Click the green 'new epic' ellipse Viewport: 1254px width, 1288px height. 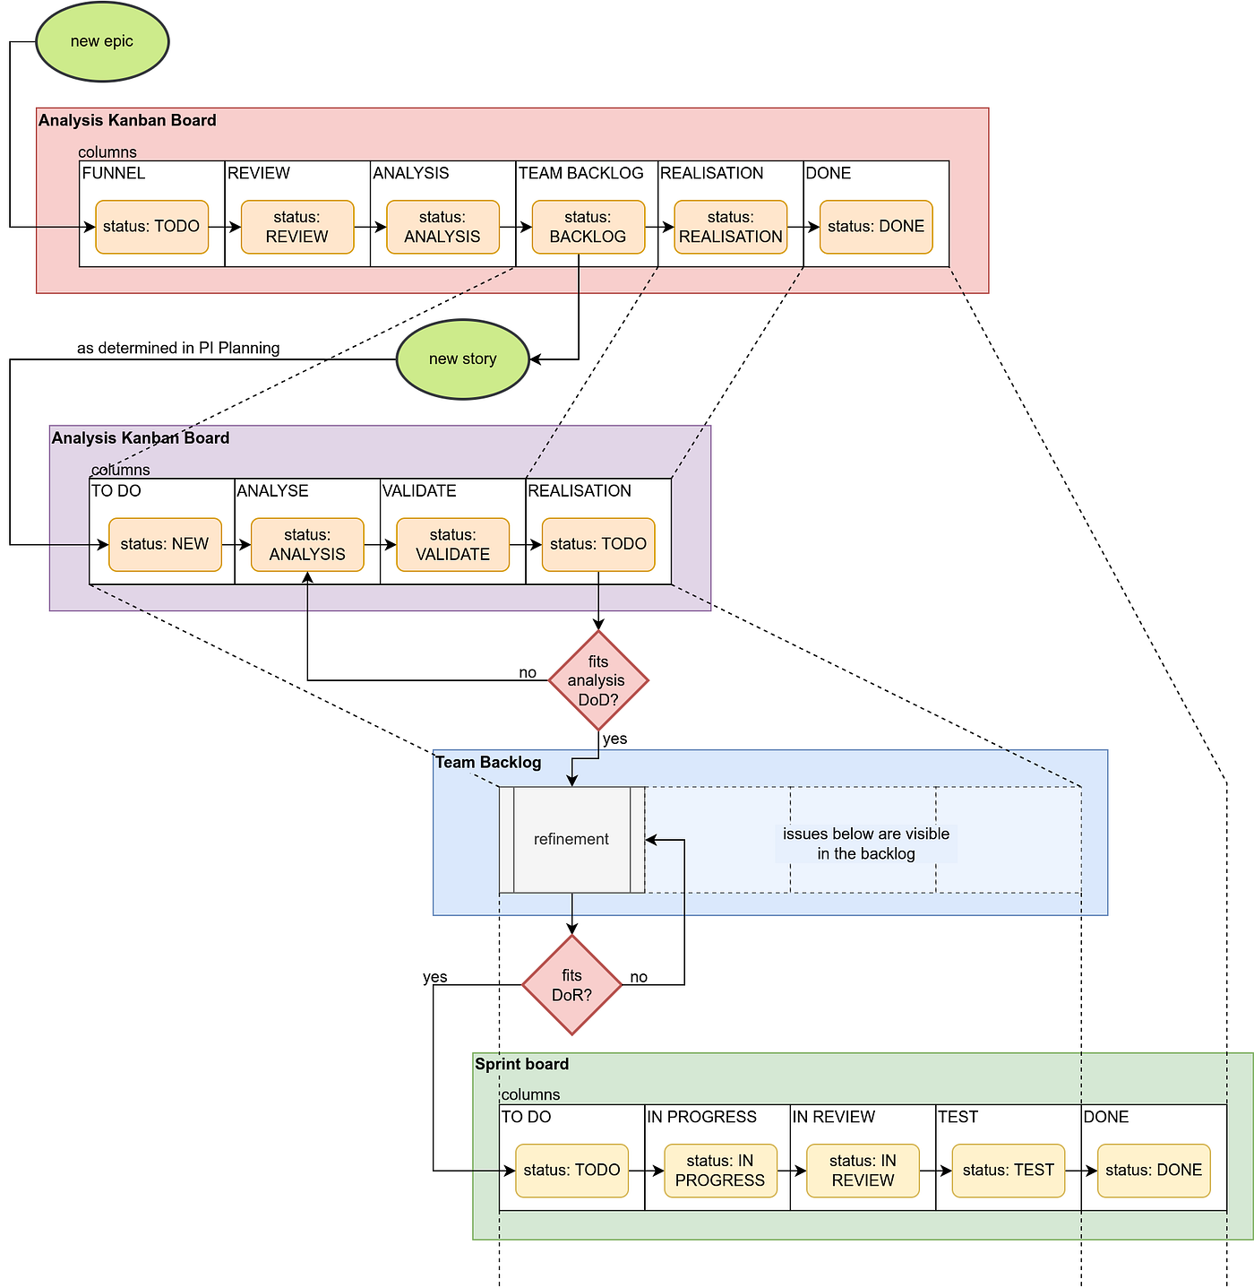click(102, 42)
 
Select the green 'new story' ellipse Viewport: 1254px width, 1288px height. click(462, 359)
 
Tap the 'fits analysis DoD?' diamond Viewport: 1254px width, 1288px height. click(597, 680)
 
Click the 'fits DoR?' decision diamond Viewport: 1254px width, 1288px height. click(571, 985)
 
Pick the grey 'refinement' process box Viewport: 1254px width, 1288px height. click(571, 840)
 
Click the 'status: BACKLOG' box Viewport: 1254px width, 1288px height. click(588, 227)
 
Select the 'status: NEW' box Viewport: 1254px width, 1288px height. click(165, 544)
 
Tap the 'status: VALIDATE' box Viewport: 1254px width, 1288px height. click(452, 544)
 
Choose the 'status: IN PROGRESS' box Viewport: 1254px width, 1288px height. click(720, 1171)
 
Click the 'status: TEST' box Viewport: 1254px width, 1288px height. click(1009, 1171)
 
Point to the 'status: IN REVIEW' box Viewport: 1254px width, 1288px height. click(863, 1171)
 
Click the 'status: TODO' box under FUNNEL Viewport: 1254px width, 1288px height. click(151, 227)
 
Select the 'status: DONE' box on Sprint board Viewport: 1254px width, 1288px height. click(1154, 1171)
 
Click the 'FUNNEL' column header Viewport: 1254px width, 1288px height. click(114, 173)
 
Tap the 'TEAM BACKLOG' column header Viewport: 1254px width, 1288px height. click(581, 173)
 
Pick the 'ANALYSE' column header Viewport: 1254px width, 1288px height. click(272, 491)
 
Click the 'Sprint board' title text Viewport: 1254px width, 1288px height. click(521, 1064)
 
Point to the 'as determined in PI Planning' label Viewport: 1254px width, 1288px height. click(178, 348)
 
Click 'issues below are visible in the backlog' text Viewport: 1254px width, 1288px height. click(866, 843)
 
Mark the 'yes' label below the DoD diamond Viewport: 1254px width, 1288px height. click(614, 739)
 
